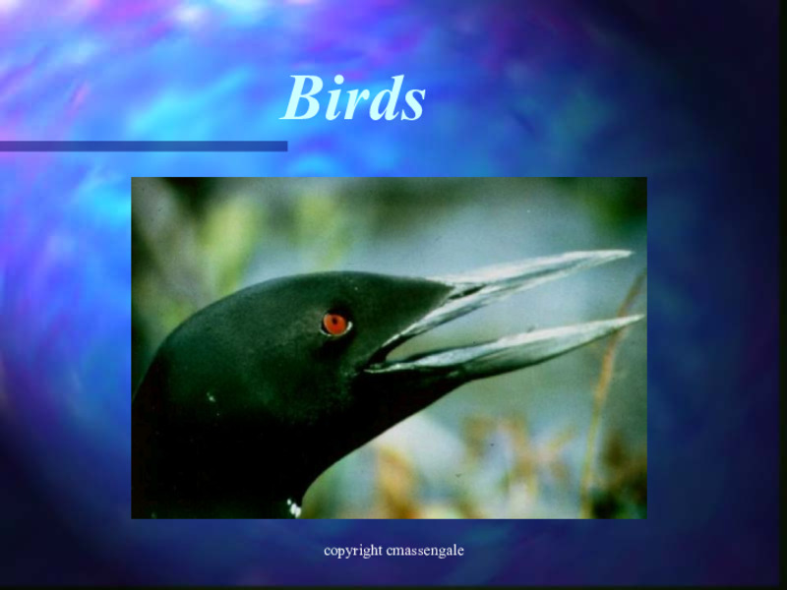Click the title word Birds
(x=353, y=99)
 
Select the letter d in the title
(x=383, y=99)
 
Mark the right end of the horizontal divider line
(x=285, y=147)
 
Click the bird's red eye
(x=335, y=324)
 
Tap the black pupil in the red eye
(x=335, y=324)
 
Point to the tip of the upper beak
(x=629, y=253)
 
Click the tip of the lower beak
(x=641, y=317)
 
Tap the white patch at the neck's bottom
(x=293, y=508)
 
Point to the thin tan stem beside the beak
(x=602, y=393)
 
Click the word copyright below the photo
(x=352, y=551)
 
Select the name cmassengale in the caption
(x=425, y=551)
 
